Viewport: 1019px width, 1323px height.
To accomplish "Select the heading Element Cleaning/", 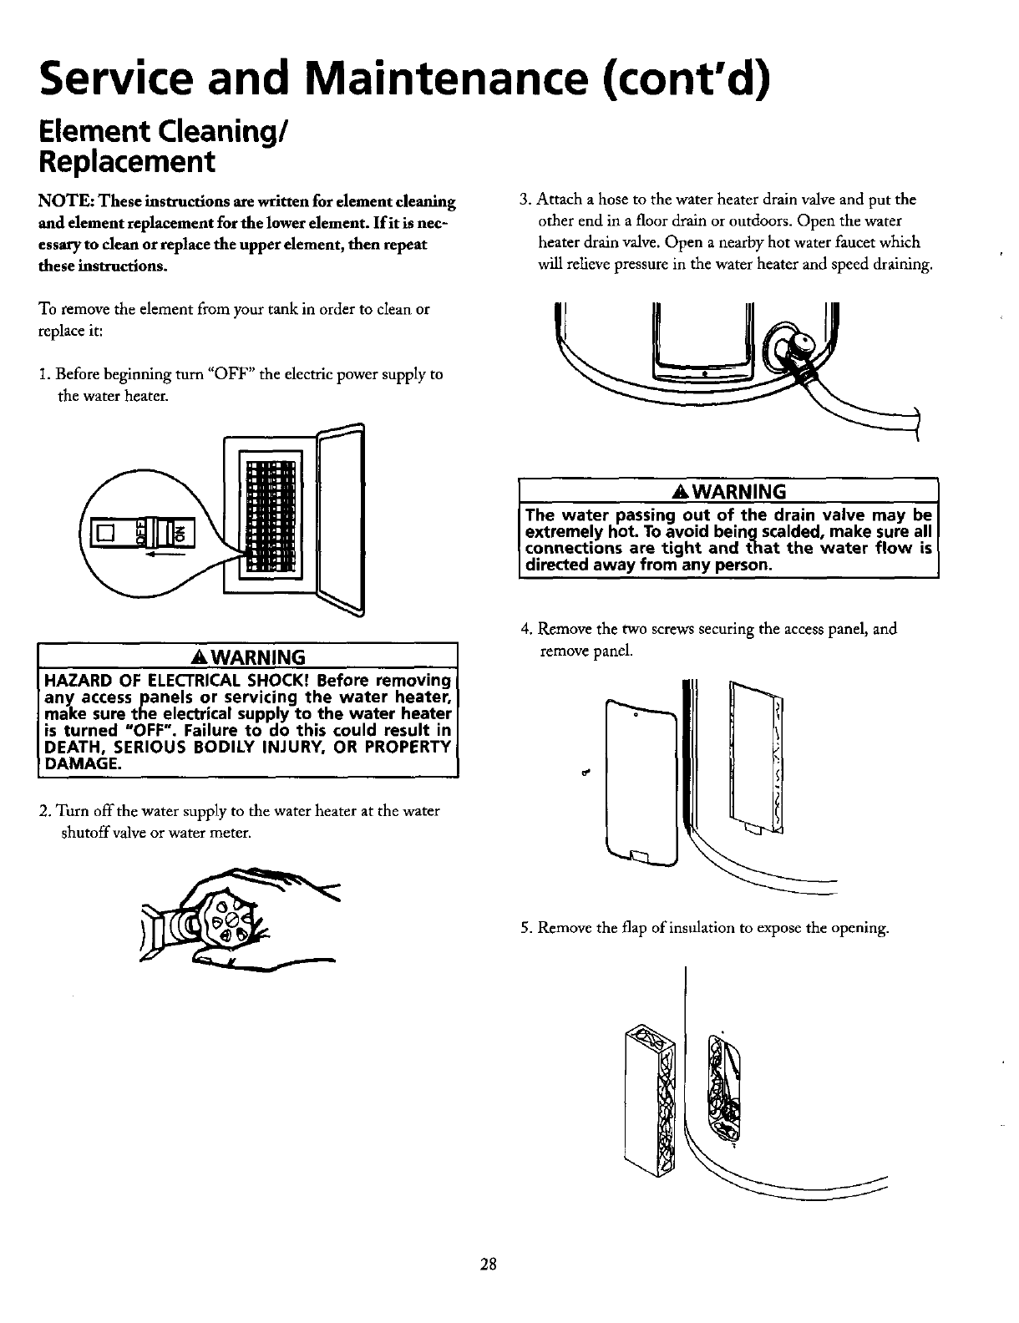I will point(159,130).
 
